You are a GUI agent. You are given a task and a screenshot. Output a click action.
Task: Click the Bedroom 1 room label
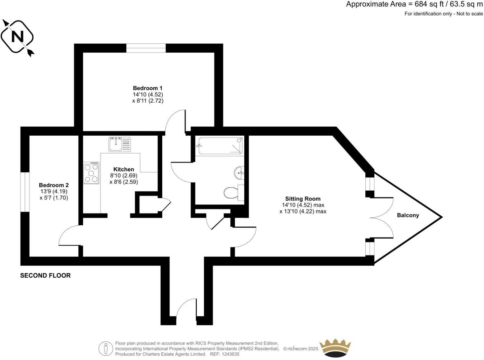[147, 88]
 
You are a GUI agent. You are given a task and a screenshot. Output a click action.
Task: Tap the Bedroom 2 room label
[54, 185]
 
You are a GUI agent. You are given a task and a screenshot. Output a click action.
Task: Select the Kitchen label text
[124, 169]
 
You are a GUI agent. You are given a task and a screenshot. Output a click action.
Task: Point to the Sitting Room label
[303, 199]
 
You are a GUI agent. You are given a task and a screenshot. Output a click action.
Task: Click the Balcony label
[408, 215]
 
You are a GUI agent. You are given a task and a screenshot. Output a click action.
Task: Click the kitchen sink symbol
[119, 144]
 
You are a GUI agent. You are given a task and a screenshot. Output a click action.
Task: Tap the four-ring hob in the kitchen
[91, 173]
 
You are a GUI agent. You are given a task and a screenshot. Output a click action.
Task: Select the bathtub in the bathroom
[220, 146]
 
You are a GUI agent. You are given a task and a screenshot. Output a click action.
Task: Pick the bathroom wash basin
[239, 172]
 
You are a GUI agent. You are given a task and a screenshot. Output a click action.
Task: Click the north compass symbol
[18, 36]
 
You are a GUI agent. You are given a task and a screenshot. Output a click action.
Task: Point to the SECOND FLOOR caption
[45, 275]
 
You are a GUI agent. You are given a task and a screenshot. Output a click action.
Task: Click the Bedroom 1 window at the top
[146, 48]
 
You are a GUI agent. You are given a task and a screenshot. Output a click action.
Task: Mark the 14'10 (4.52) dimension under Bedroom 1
[147, 94]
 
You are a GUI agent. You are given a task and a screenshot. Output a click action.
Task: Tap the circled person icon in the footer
[105, 348]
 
